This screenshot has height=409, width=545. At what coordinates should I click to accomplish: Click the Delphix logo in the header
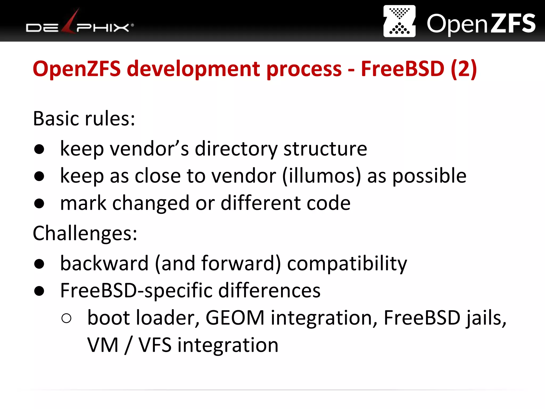click(80, 24)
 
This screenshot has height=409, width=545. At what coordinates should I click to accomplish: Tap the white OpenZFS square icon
click(399, 21)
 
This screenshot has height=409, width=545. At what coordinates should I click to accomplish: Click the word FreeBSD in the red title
click(402, 69)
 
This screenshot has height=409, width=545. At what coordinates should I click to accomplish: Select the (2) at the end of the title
click(464, 69)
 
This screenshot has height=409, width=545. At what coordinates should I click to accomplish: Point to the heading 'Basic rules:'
click(84, 118)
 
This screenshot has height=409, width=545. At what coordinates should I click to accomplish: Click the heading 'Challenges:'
click(85, 233)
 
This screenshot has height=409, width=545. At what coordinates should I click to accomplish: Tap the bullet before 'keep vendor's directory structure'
click(39, 149)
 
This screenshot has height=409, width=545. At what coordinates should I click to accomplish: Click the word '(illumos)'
click(321, 176)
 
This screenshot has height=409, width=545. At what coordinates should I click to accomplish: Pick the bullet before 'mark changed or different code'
click(39, 203)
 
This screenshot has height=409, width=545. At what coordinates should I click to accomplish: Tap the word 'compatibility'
click(347, 264)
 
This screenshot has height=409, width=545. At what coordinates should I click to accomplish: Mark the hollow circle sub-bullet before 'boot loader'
click(66, 318)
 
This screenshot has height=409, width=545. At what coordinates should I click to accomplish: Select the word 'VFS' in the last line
click(155, 345)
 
